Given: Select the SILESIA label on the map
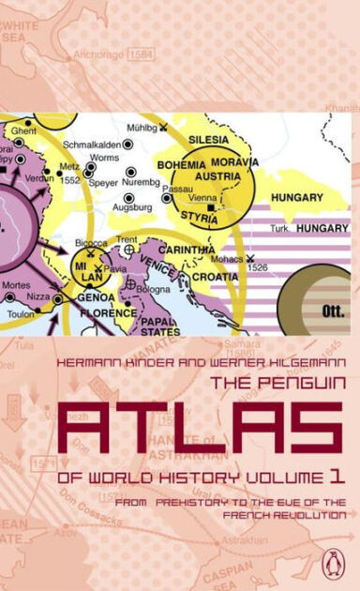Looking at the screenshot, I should tap(210, 139).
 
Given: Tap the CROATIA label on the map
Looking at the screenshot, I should tap(216, 278).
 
